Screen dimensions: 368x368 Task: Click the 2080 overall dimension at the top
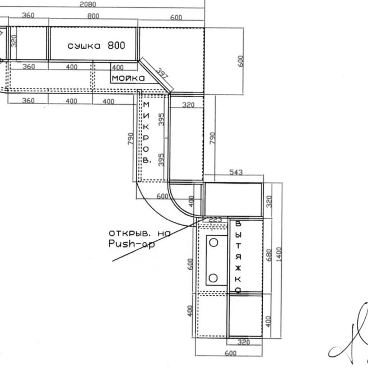click(88, 4)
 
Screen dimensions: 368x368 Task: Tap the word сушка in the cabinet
click(84, 46)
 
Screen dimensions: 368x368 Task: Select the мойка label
click(128, 78)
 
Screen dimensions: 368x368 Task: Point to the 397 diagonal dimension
click(162, 73)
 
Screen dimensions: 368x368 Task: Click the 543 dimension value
click(236, 172)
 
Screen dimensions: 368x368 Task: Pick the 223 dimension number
click(215, 220)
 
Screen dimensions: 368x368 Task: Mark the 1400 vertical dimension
click(279, 254)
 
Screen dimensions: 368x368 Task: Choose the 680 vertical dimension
click(269, 255)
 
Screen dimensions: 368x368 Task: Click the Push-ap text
click(132, 244)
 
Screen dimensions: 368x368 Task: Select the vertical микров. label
click(146, 132)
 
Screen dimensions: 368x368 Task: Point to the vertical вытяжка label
click(238, 257)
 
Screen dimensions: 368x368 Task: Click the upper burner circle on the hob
click(213, 243)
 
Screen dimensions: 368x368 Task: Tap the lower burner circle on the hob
click(213, 278)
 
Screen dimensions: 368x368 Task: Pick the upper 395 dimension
click(161, 119)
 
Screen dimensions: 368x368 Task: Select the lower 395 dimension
click(161, 160)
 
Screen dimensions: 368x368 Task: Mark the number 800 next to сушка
click(117, 45)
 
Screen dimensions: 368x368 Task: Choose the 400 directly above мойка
click(118, 68)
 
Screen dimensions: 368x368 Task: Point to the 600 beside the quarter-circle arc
click(162, 196)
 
